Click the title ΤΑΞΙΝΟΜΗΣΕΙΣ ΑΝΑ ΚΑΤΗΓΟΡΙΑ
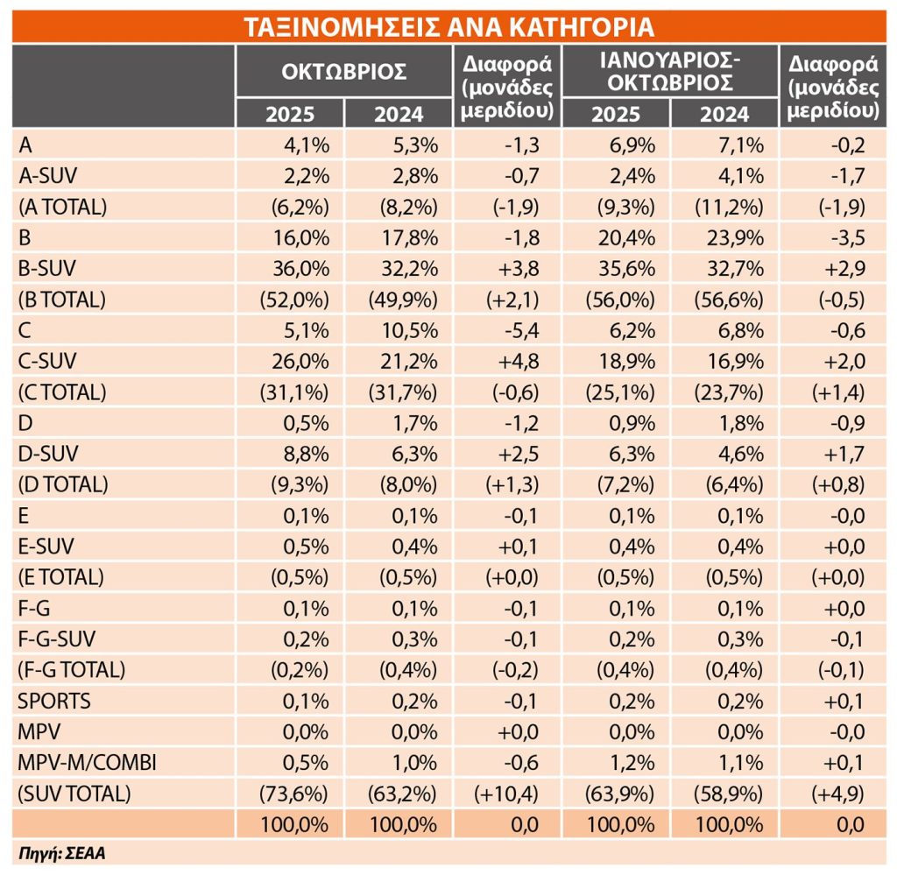click(x=448, y=26)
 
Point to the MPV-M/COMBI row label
click(x=88, y=763)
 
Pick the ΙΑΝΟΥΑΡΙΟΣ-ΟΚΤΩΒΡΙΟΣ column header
click(x=669, y=72)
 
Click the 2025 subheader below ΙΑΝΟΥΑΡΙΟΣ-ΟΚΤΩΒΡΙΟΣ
click(x=616, y=114)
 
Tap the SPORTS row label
click(x=54, y=701)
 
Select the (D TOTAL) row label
click(x=63, y=483)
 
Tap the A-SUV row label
click(x=47, y=175)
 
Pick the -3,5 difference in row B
click(x=844, y=237)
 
